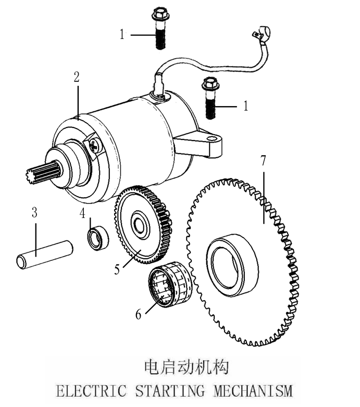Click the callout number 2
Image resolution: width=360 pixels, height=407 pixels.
[x=77, y=78]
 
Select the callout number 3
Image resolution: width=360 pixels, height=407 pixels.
[x=34, y=213]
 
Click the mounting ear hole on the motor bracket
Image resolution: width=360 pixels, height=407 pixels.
[x=210, y=139]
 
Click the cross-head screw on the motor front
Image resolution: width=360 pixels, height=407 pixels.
[x=95, y=146]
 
